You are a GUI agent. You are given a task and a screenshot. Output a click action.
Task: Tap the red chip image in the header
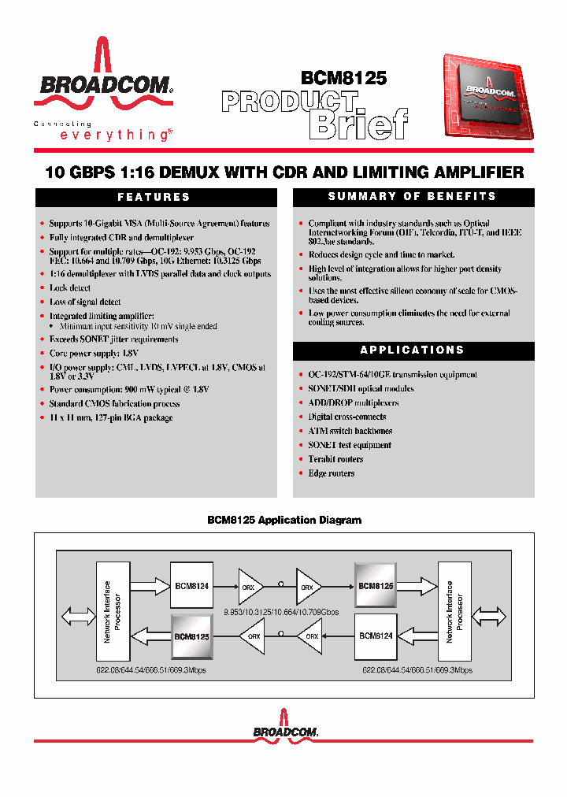coord(487,98)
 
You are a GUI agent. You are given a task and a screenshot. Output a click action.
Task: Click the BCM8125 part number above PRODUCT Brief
coord(343,78)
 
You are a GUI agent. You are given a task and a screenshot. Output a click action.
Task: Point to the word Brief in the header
coord(359,124)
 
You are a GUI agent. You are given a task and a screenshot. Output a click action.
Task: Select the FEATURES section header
coord(154,198)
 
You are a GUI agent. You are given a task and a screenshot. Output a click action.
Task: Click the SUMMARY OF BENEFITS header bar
coord(413,197)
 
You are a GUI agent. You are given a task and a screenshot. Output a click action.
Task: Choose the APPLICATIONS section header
coord(413,350)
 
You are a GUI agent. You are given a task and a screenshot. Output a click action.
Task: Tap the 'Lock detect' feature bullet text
coord(70,288)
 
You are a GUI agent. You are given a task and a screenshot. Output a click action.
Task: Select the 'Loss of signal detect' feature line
coord(85,302)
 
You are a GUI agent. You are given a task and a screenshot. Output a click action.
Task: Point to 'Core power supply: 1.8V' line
coord(94,354)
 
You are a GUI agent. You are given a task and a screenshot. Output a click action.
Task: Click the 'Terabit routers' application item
coord(335,459)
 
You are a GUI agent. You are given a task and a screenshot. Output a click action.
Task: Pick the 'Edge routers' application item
coord(332,473)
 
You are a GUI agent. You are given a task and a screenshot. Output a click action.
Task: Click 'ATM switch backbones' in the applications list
coord(350,431)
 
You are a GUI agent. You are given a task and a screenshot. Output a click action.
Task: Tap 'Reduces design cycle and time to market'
coord(381,255)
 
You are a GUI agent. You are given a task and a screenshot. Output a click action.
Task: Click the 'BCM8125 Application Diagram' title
coord(284,521)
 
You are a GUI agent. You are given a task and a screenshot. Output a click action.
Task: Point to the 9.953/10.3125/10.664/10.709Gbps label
coord(281,611)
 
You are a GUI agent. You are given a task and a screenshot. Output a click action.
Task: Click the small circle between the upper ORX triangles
coord(281,584)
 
